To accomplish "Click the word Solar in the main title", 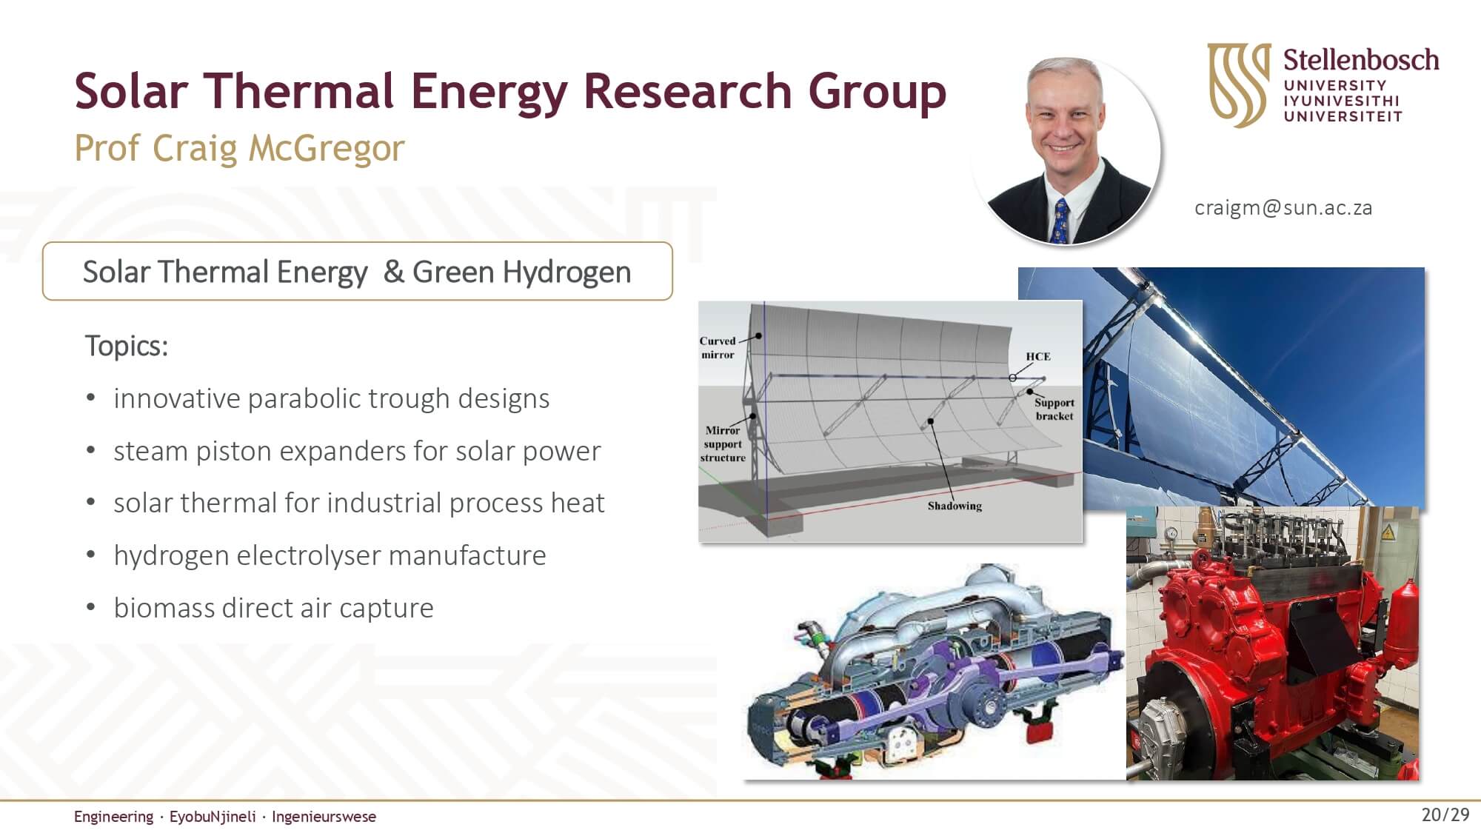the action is point(131,91).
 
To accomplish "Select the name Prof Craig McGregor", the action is point(239,148).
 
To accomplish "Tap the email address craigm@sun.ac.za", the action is point(1283,208).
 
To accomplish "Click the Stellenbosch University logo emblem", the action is point(1239,84).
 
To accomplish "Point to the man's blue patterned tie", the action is point(1061,221).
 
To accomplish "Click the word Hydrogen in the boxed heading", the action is point(567,272).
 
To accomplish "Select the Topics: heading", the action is point(127,347).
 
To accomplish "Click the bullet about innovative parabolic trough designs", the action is point(331,398).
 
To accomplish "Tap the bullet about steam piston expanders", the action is point(357,451).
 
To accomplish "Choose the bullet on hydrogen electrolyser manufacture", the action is point(330,555).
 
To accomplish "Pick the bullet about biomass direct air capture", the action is point(273,608).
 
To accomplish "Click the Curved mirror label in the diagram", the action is point(718,348).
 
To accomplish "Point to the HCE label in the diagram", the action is point(1037,356).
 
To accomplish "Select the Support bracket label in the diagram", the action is point(1054,409).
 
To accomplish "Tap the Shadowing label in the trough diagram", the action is point(955,506).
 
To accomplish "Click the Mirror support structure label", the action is point(723,444).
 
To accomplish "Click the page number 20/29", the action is point(1445,815).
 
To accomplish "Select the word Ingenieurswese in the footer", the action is point(324,817).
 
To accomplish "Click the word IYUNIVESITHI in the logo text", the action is point(1342,101).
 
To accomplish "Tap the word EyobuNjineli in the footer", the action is point(213,817).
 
